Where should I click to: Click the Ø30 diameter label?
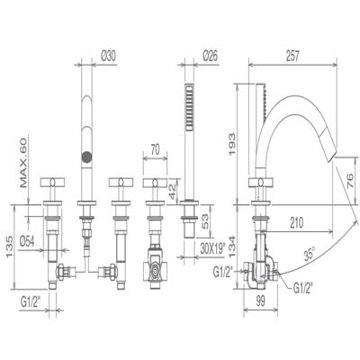(109, 56)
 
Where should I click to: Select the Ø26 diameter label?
(211, 56)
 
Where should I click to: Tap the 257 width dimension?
(292, 56)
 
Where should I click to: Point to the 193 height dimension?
(232, 145)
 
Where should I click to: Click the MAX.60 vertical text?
(23, 163)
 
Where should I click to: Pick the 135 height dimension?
(10, 247)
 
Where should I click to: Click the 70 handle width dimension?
(155, 149)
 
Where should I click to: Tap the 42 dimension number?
(172, 192)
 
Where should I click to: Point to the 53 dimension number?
(205, 221)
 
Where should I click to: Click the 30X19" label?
(212, 248)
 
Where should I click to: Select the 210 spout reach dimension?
(297, 222)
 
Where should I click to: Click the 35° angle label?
(309, 254)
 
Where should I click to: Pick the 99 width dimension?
(261, 301)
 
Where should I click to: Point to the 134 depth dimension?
(232, 247)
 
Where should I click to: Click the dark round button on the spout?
(86, 157)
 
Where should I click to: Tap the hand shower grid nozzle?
(189, 107)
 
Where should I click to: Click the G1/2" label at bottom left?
(31, 302)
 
